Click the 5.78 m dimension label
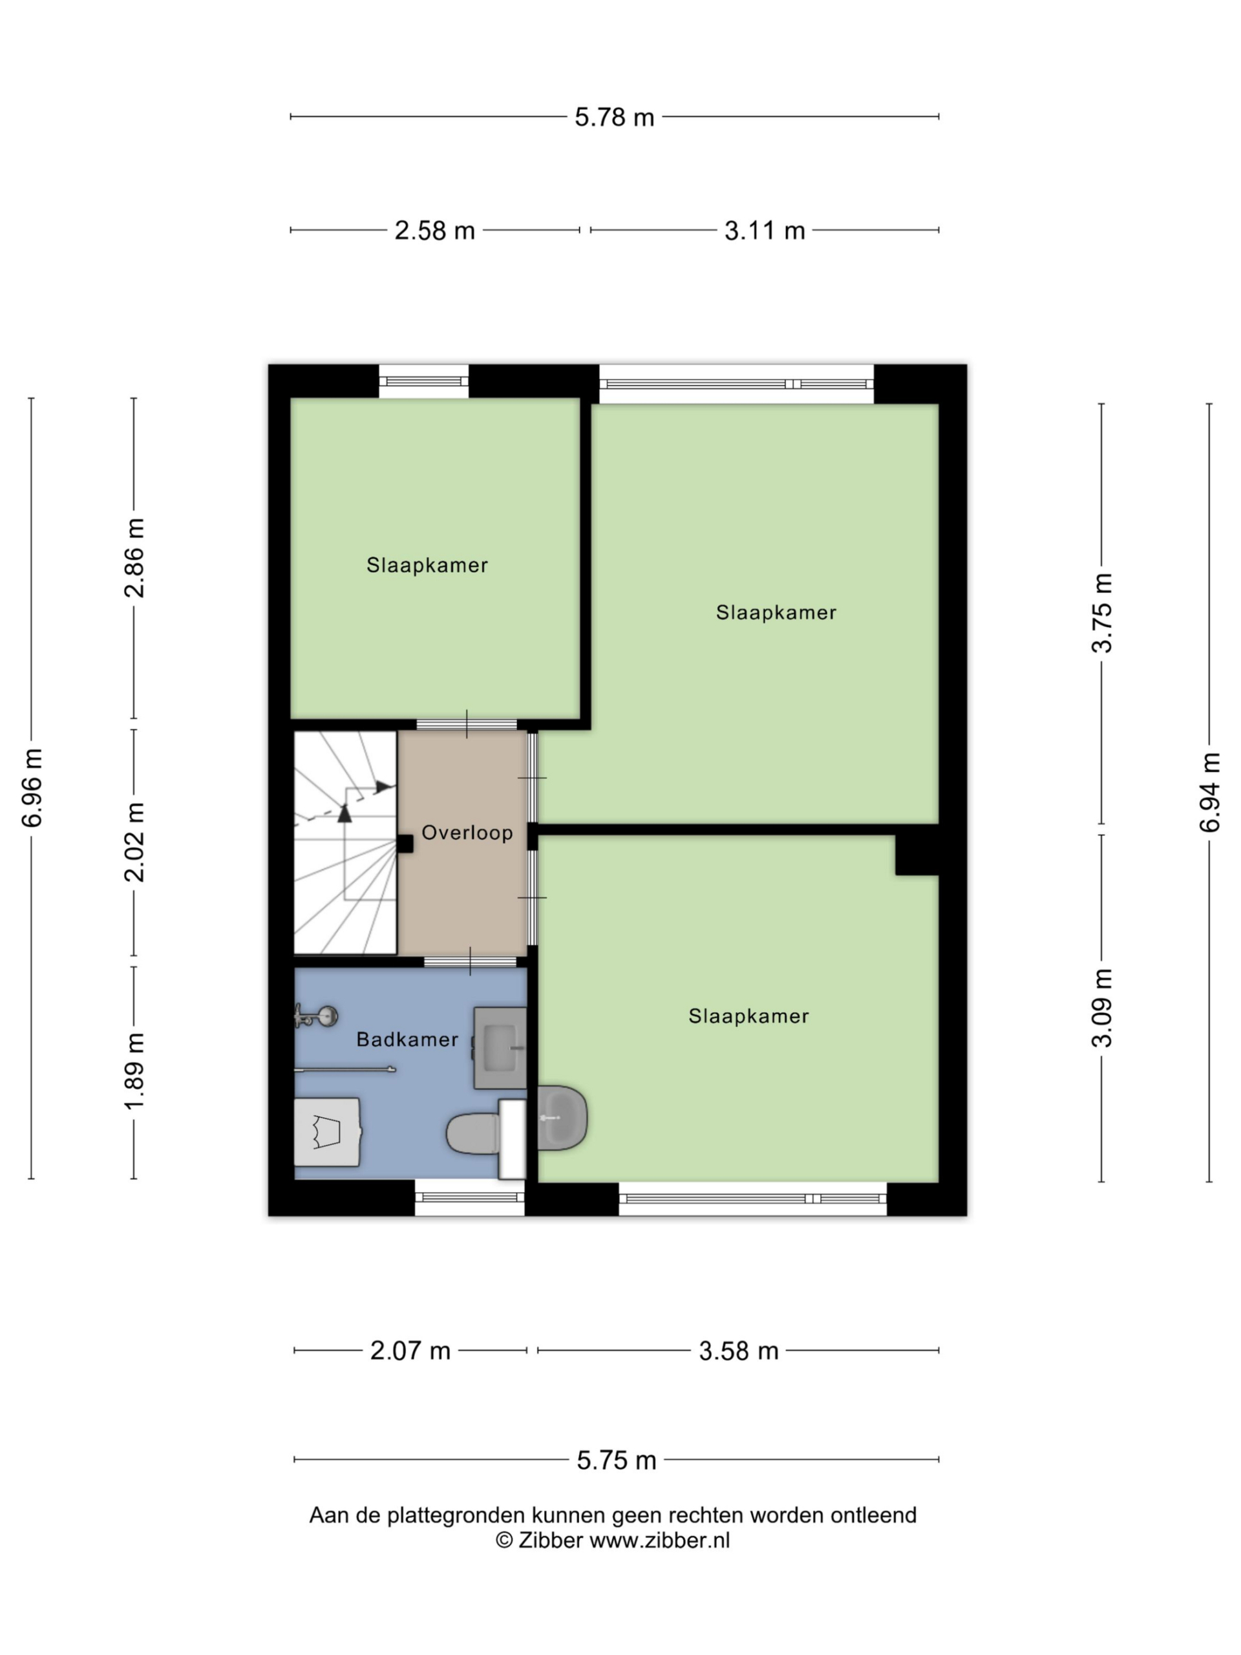614,118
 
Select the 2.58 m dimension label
434,230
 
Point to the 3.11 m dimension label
765,230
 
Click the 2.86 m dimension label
134,557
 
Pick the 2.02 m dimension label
134,842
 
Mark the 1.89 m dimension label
134,1071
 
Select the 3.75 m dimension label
1102,613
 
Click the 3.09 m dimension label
1102,1007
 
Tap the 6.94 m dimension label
1209,791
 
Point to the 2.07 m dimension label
410,1351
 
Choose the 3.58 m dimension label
738,1351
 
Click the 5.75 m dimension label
617,1460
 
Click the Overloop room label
467,833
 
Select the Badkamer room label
407,1040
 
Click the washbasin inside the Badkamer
500,1047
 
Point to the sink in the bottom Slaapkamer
562,1118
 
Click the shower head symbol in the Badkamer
317,1017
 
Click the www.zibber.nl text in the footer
659,1541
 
